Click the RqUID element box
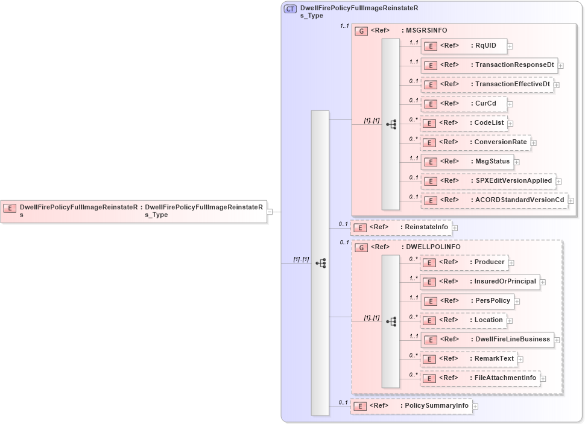464,46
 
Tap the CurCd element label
485,104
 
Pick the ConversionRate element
475,143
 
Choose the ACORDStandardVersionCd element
494,200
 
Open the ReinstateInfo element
401,227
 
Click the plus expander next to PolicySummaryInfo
476,407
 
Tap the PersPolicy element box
467,301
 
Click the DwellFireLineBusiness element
487,340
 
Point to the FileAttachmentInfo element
479,378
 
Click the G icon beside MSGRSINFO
361,31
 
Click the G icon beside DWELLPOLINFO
361,247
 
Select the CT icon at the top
290,9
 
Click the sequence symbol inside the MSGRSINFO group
391,124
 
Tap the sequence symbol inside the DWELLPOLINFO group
391,321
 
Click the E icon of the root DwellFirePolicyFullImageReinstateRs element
10,208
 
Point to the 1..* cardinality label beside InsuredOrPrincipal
414,279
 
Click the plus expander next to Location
510,320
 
